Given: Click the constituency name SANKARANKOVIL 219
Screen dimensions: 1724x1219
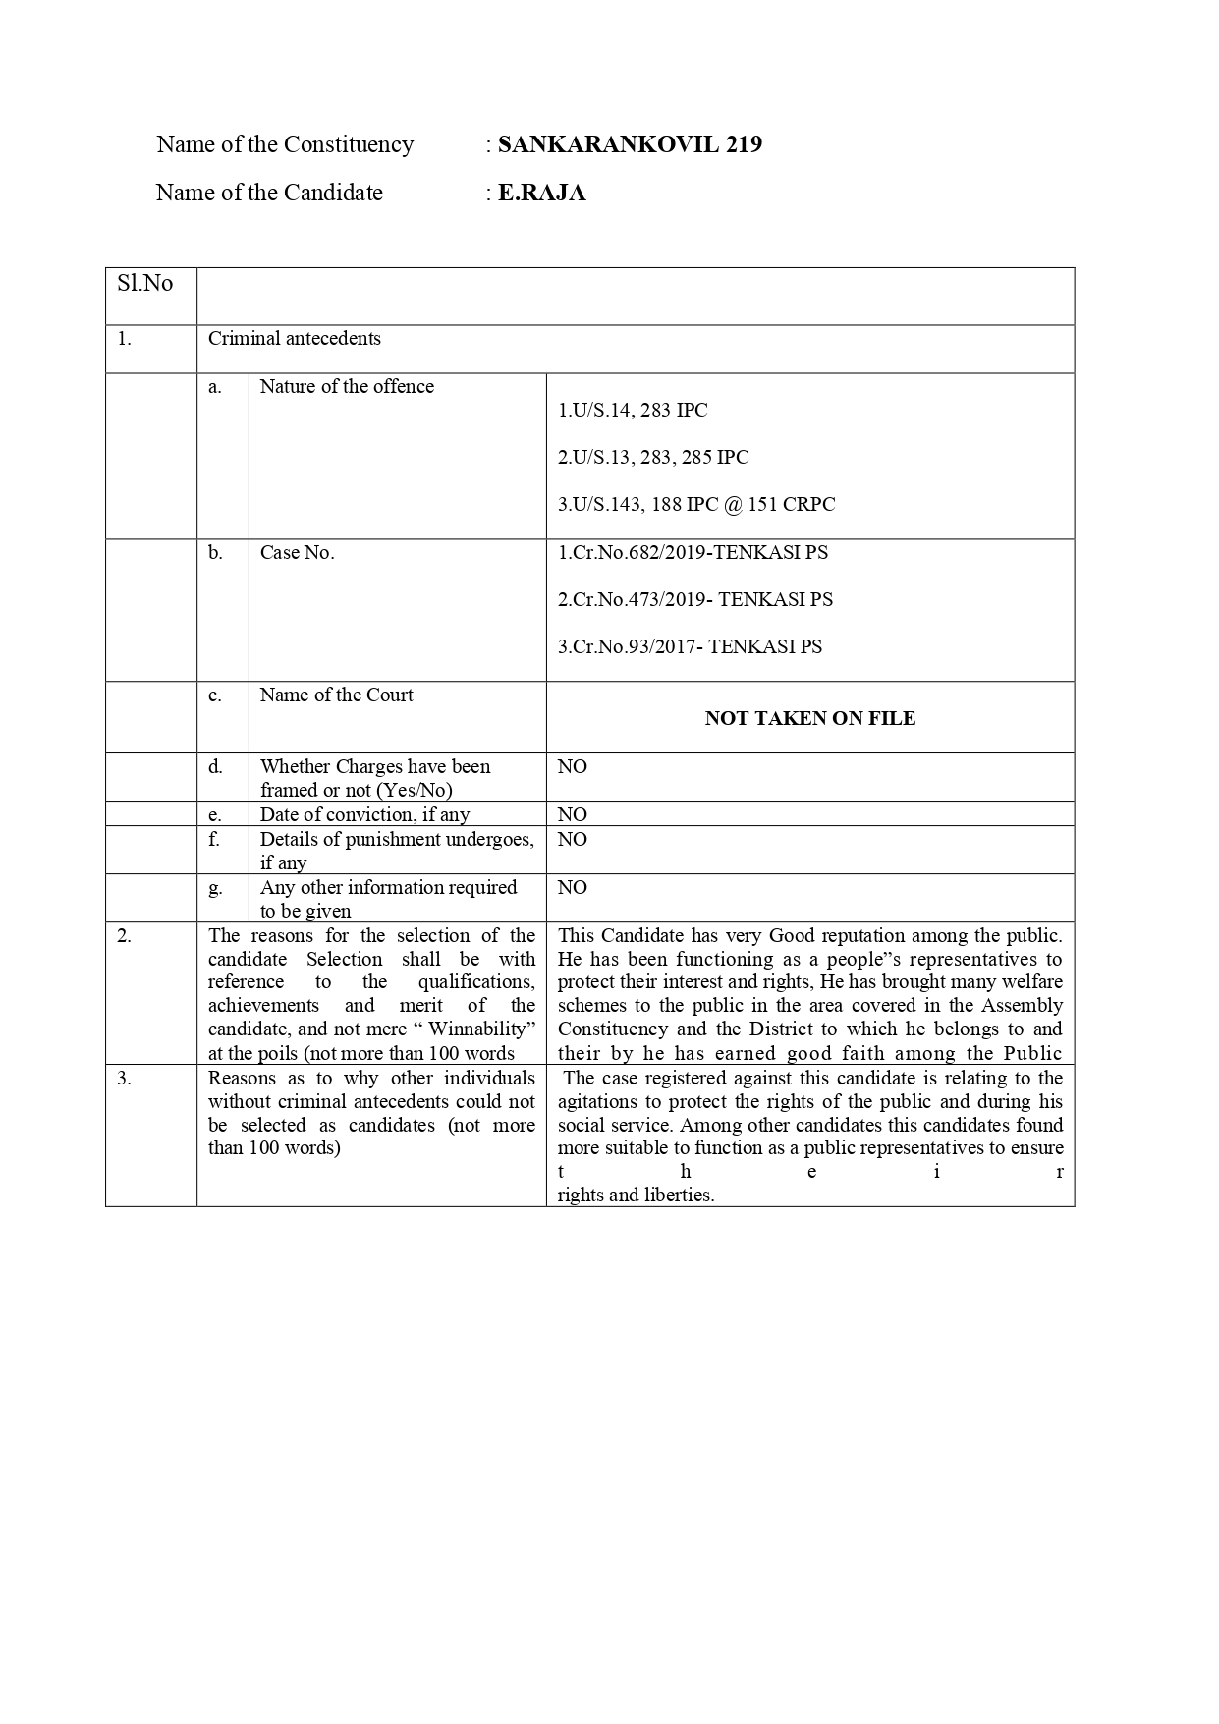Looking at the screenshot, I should click(x=629, y=144).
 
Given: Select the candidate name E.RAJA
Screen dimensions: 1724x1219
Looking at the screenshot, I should click(x=541, y=193).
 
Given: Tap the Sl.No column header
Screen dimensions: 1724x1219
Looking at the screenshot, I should click(x=145, y=284).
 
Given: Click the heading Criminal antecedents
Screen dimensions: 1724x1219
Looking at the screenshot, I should click(x=294, y=338).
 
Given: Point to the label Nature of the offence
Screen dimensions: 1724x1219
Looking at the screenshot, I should click(x=347, y=386).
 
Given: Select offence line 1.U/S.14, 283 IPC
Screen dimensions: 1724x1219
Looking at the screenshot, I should click(x=633, y=410).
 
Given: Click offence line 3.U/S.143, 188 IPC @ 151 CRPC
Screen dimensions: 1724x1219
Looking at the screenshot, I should click(x=696, y=504).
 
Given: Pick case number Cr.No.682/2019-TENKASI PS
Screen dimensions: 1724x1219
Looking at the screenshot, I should click(x=693, y=552).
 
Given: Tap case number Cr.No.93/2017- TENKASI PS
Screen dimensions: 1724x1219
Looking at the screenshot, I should click(x=690, y=646).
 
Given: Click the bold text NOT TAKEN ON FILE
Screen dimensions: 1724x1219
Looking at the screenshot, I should click(x=809, y=718).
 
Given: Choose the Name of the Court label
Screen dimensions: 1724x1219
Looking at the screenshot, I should click(x=336, y=695).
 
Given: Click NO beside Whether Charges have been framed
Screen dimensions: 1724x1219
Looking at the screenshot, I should click(x=572, y=766).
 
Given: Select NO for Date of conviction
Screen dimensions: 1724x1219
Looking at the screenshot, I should click(x=572, y=814).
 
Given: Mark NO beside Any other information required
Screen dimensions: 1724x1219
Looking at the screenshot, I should click(x=572, y=887).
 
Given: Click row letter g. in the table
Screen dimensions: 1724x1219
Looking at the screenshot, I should click(x=215, y=887).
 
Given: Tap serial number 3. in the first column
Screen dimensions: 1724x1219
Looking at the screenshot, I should click(x=124, y=1078).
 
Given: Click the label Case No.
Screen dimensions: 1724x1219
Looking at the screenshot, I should click(x=297, y=552).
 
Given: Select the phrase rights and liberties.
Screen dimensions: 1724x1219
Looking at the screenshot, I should click(x=636, y=1195).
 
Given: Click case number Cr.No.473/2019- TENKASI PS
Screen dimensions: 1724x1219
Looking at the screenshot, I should click(x=694, y=599).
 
